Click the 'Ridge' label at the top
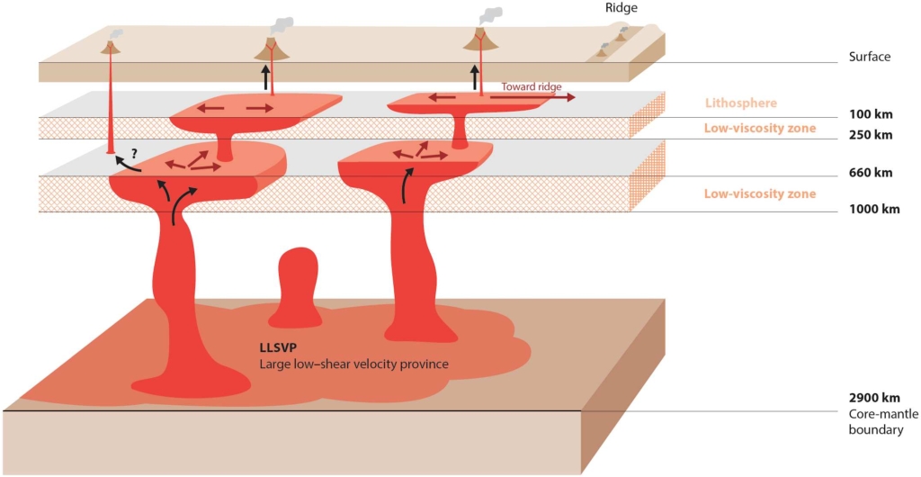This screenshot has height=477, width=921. [x=621, y=8]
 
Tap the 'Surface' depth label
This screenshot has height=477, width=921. [x=869, y=57]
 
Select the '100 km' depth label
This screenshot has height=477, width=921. [x=870, y=115]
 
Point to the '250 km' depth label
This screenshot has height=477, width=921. [x=870, y=136]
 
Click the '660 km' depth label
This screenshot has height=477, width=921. [x=870, y=173]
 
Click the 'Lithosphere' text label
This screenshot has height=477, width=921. [x=741, y=103]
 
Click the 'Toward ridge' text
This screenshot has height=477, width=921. [x=532, y=87]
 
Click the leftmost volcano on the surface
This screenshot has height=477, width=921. [x=111, y=46]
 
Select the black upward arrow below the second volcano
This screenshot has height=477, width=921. [x=266, y=76]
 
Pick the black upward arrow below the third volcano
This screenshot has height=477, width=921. [x=476, y=75]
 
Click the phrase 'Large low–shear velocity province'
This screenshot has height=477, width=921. [x=353, y=364]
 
